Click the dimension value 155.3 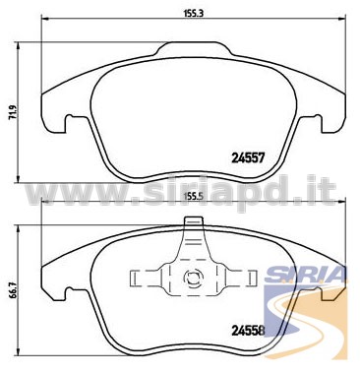tap(194, 14)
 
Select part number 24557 tap(248, 158)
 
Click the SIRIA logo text tap(305, 274)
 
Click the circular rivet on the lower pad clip tap(193, 279)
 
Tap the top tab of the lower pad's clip tap(194, 221)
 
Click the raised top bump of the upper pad tap(194, 47)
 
